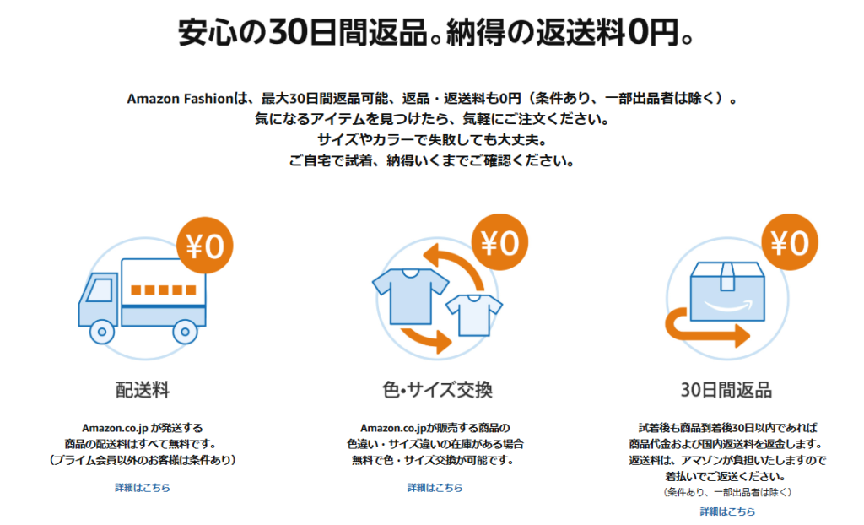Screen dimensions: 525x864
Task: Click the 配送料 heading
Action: click(143, 390)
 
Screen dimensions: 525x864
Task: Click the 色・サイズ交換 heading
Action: click(436, 390)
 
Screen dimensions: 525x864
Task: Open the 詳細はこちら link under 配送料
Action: click(143, 488)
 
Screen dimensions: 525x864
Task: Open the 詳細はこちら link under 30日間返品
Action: click(727, 511)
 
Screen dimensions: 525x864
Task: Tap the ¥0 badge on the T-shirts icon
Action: click(499, 243)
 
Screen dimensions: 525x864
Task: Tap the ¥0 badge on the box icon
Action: click(790, 243)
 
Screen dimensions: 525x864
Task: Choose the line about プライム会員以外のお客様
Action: click(143, 461)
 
